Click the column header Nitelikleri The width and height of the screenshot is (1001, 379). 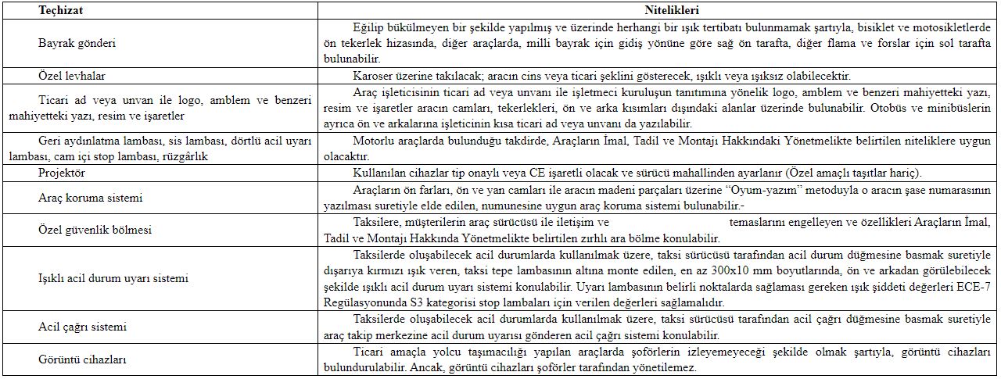click(x=671, y=10)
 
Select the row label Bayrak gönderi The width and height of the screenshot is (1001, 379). click(x=77, y=42)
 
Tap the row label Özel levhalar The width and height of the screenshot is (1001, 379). click(x=72, y=77)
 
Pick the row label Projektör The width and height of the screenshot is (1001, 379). click(x=62, y=173)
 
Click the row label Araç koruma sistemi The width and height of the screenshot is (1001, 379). click(x=84, y=198)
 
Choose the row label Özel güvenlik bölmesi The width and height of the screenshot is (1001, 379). click(x=95, y=230)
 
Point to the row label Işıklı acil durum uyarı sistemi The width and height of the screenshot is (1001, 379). click(x=113, y=278)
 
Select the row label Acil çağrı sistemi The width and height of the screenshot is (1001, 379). click(x=83, y=327)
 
